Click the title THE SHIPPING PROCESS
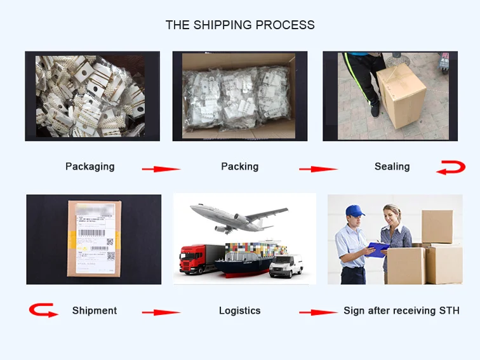coord(240,25)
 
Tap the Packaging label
coord(90,166)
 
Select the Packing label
coord(239,166)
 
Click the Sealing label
coord(392,166)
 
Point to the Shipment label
coord(95,310)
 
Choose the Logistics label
coord(239,310)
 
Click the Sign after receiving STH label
coord(401,310)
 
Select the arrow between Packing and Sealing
coord(318,169)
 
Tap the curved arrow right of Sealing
coord(451,168)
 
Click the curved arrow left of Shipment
coord(43,310)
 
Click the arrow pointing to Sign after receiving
coord(318,312)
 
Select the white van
coord(286,265)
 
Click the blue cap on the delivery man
coord(354,211)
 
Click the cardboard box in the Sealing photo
coord(401,98)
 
